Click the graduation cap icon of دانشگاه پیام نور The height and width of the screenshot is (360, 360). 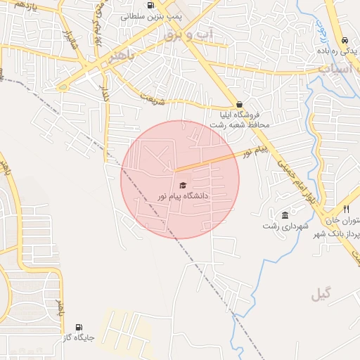(184, 185)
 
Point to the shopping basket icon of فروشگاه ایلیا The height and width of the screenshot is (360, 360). (240, 103)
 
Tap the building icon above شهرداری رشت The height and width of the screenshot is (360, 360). (285, 215)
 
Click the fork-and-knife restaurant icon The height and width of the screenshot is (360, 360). (346, 209)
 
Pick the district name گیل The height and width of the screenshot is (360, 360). (320, 295)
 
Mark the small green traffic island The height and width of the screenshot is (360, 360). (63, 88)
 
